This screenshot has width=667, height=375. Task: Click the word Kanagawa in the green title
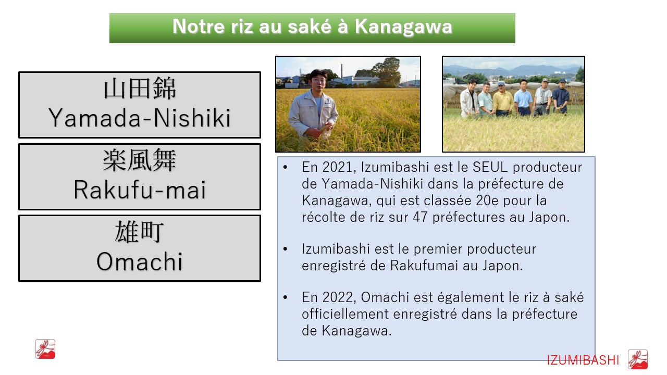[x=403, y=27]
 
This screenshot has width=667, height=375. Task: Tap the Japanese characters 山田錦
[x=140, y=89]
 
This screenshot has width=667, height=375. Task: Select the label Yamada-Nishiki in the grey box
[x=140, y=118]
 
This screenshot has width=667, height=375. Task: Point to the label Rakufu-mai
[x=140, y=190]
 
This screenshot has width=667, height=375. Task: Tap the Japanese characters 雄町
[x=140, y=232]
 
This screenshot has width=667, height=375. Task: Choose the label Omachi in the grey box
[x=140, y=261]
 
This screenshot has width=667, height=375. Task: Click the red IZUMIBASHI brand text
[x=583, y=360]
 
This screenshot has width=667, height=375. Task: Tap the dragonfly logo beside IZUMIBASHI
[x=638, y=359]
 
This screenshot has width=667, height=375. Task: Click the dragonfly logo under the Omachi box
[x=45, y=349]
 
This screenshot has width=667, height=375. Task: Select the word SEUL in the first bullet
[x=490, y=167]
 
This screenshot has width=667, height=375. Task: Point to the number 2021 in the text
[x=337, y=167]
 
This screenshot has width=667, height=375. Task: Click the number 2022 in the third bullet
[x=337, y=297]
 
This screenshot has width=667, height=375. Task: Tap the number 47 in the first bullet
[x=420, y=217]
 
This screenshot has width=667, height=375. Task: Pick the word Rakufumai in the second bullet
[x=424, y=266]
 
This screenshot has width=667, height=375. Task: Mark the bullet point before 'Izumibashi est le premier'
[x=285, y=249]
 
